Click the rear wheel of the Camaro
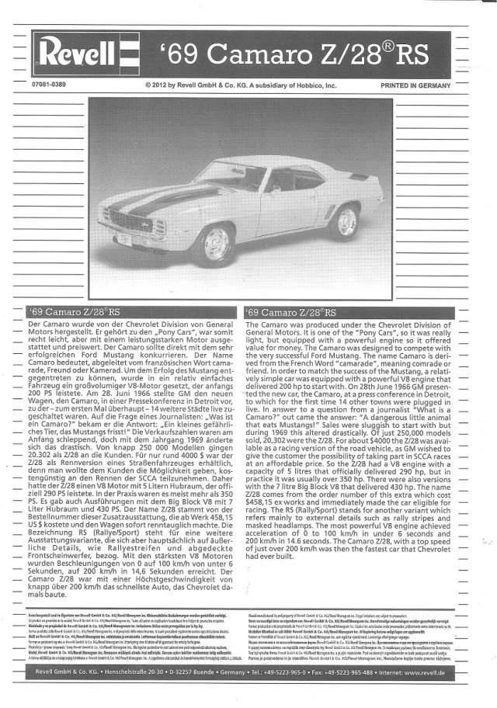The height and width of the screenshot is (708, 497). [x=342, y=221]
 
